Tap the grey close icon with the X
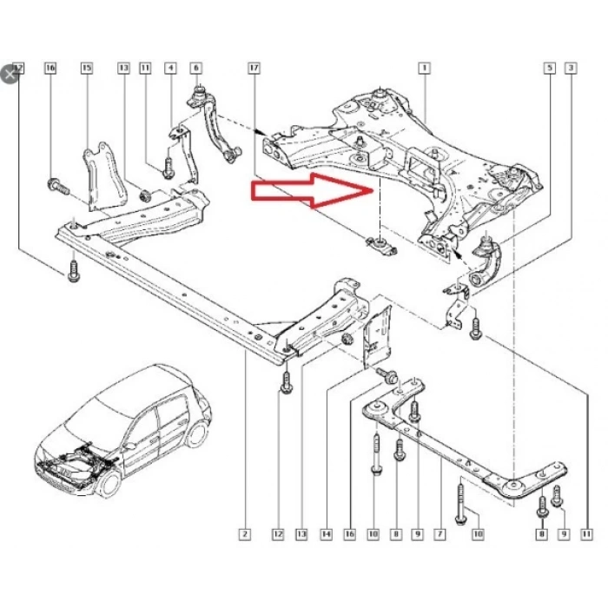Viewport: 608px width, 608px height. [10, 73]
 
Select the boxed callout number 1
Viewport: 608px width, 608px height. [424, 67]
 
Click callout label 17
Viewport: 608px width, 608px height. [254, 67]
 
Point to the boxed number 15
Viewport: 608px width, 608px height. [86, 67]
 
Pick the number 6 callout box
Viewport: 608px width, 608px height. [195, 67]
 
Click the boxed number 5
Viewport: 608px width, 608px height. [549, 67]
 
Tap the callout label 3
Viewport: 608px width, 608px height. [570, 67]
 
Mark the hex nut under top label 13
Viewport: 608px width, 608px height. [145, 193]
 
